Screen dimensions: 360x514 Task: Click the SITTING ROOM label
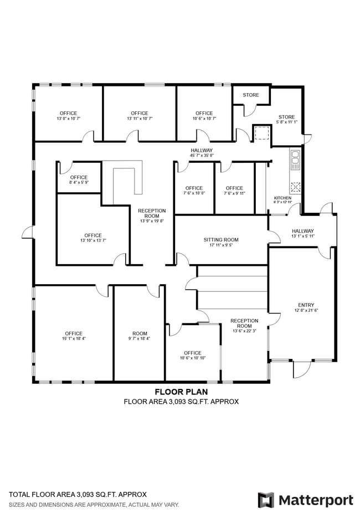tap(220, 240)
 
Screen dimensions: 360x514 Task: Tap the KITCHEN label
tap(282, 198)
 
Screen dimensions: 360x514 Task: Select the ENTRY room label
tap(306, 305)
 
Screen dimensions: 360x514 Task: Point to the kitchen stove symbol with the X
tap(295, 187)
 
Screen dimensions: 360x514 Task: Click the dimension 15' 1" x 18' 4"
tap(74, 338)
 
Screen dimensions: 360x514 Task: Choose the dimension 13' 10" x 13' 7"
tap(93, 240)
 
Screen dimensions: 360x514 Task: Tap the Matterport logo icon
tap(266, 500)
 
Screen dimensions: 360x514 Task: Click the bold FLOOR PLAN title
tap(181, 392)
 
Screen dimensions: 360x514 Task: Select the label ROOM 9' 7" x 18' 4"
tap(140, 336)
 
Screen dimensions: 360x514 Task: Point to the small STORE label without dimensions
tap(251, 95)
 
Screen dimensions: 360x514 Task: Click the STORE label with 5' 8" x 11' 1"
tap(286, 119)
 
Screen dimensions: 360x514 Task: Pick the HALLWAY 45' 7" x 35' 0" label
tap(202, 153)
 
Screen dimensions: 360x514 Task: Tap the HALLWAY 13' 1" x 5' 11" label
tap(302, 233)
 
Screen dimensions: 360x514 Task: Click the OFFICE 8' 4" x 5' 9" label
tap(79, 179)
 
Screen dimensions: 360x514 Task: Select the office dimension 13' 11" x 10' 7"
tap(140, 119)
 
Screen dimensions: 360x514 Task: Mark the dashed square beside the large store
tap(262, 133)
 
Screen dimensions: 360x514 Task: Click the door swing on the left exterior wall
tap(28, 232)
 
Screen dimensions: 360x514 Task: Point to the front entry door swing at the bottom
tap(302, 369)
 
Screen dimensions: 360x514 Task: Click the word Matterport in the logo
tap(316, 501)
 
